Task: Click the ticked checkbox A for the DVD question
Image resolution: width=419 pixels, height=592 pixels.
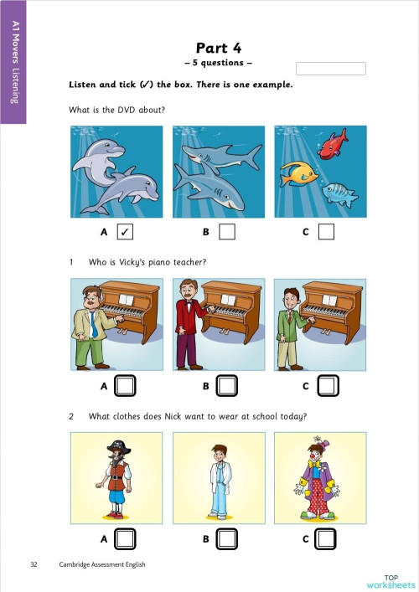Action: [125, 231]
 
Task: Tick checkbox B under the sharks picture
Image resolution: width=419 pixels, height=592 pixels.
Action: [227, 231]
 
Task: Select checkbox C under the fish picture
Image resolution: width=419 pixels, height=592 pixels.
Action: [327, 231]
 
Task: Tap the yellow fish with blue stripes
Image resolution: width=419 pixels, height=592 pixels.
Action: [299, 173]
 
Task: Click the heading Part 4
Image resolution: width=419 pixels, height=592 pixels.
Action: [217, 48]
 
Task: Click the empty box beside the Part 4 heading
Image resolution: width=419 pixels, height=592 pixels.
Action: [331, 69]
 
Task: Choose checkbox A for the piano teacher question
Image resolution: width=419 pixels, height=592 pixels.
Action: [125, 386]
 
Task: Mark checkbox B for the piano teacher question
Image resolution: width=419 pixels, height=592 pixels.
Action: [227, 386]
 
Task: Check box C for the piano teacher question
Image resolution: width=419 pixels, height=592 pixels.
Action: [327, 386]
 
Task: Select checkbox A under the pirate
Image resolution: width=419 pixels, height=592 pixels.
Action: [125, 538]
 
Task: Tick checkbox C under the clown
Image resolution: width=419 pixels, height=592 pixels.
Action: [327, 538]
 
